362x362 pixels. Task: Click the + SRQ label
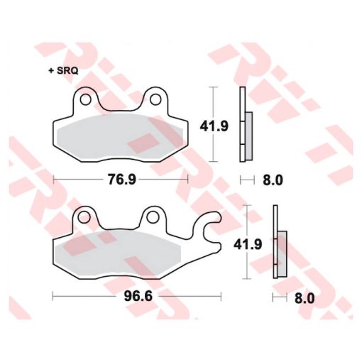[x=63, y=71]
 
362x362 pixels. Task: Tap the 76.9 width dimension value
[x=122, y=180]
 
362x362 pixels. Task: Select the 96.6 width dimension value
[x=138, y=296]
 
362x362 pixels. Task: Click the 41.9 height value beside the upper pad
[x=214, y=126]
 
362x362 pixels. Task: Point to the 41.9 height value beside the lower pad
[x=248, y=244]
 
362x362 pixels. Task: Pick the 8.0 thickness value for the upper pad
[x=273, y=180]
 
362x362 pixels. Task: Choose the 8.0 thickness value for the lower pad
[x=305, y=298]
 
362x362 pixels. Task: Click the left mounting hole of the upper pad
[x=85, y=99]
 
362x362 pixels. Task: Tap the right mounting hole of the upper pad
[x=155, y=99]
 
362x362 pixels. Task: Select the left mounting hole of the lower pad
[x=84, y=216]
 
